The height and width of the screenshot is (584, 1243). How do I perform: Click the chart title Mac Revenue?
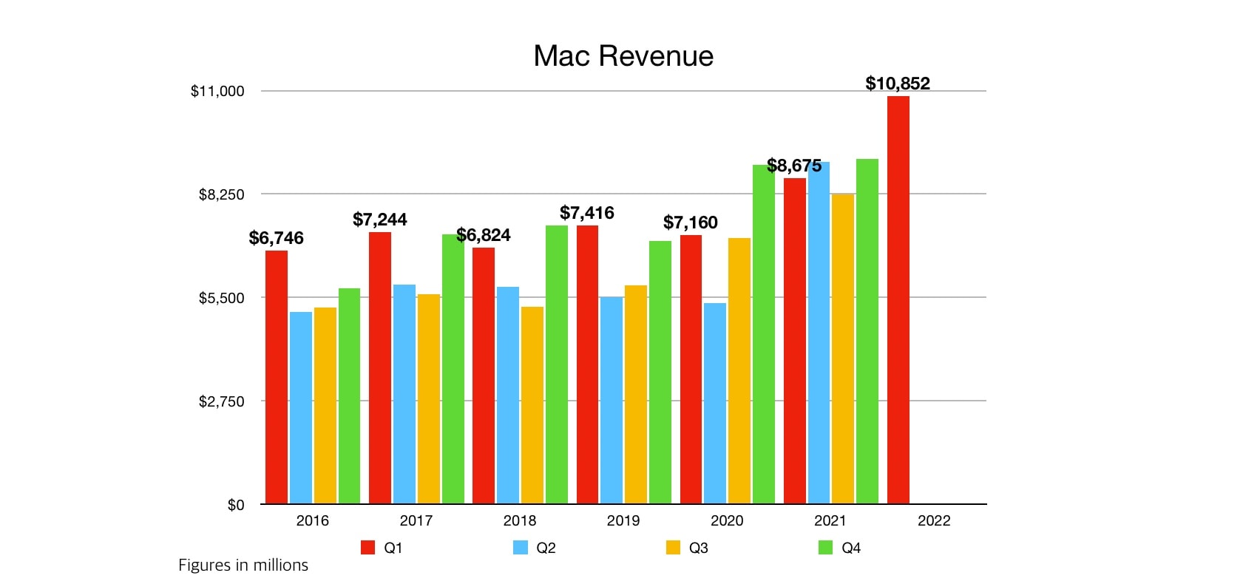point(623,56)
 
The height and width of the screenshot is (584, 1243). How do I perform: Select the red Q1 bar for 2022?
point(898,299)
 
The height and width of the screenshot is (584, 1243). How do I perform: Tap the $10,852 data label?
point(898,84)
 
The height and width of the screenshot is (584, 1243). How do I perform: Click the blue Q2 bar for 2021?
point(819,333)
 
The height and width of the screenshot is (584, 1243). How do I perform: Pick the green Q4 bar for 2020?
point(764,334)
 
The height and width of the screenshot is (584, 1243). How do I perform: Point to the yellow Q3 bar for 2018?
point(532,405)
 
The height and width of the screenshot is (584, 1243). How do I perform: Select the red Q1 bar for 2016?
point(277,377)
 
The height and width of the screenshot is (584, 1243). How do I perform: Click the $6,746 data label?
point(277,238)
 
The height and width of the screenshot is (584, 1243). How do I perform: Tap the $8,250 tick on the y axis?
point(221,194)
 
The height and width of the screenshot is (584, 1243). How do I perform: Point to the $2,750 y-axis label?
point(221,401)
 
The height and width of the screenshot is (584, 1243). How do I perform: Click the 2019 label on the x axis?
point(623,520)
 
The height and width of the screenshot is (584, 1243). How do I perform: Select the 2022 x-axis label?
point(934,520)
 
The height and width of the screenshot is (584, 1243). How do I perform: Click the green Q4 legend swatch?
point(826,548)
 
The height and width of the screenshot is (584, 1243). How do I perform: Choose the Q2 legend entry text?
point(546,548)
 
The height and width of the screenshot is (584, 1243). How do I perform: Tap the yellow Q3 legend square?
point(673,548)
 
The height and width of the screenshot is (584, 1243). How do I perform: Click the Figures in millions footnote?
point(243,566)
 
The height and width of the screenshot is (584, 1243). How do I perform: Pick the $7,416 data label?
point(587,214)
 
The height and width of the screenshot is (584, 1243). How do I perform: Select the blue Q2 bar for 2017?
point(404,394)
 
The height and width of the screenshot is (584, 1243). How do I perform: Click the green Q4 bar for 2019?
point(660,373)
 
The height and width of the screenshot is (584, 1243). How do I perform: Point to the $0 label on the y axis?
point(235,505)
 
